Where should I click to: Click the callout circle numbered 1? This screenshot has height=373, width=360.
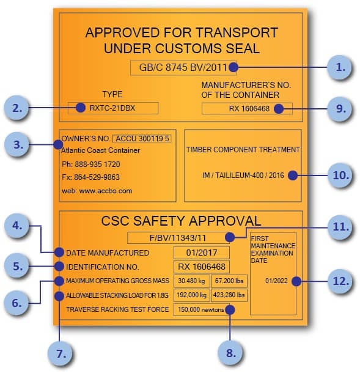[339, 67]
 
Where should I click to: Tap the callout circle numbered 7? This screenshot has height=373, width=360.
[61, 353]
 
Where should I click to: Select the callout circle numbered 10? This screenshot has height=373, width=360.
[340, 175]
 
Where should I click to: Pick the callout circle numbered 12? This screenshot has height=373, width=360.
[340, 281]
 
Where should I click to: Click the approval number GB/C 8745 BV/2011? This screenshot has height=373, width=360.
[183, 67]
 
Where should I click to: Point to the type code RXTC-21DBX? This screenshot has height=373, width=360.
[112, 108]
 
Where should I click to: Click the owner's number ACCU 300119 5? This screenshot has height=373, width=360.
[142, 138]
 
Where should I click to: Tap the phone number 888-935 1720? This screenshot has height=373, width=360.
[97, 164]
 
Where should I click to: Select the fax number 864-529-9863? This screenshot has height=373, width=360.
[97, 177]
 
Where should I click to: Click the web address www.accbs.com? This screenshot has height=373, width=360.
[106, 191]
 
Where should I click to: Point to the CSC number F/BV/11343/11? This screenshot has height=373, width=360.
[178, 238]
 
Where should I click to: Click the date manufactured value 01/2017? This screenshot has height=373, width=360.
[202, 253]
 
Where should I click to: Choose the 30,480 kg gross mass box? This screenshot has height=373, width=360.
[192, 281]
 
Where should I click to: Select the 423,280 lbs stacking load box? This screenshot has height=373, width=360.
[229, 295]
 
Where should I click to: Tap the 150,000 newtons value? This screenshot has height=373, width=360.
[201, 309]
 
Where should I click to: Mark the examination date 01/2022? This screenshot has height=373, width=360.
[276, 281]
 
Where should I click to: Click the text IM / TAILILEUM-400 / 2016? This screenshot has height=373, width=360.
[243, 175]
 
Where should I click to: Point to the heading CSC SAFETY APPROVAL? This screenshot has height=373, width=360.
[181, 221]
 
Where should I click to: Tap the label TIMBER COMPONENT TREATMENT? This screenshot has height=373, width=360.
[243, 150]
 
